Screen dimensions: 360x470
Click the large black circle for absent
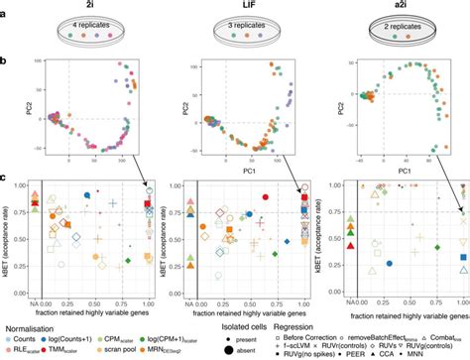coord(237,349)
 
